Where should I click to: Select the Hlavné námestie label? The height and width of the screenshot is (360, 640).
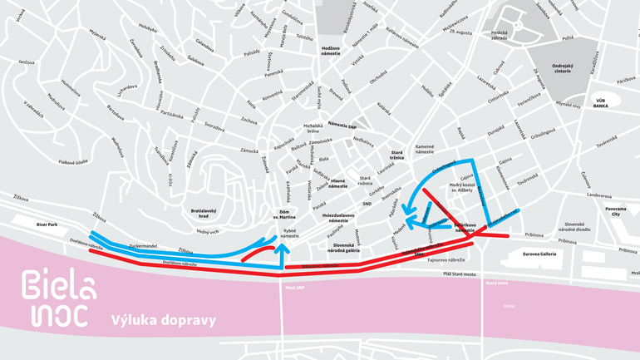coord(338,185)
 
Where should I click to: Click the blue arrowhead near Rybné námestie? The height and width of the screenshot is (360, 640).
coord(283,247)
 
